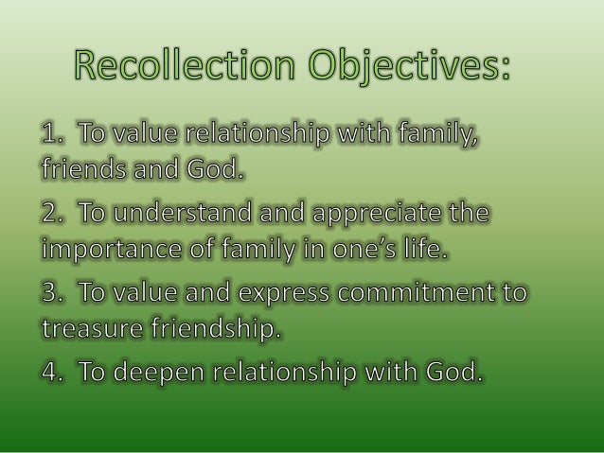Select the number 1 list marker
(52, 136)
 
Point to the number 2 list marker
(53, 215)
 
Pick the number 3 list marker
(53, 293)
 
